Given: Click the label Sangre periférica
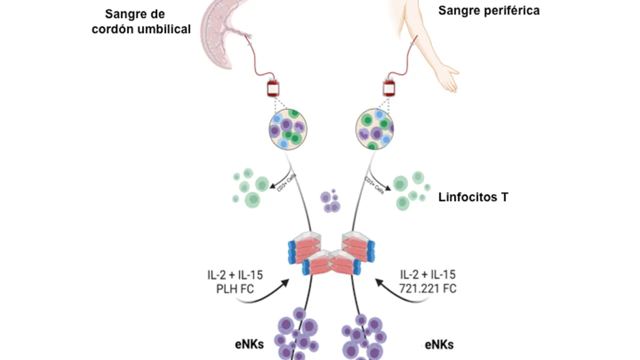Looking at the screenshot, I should [x=488, y=10].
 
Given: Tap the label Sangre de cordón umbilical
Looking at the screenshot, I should [x=141, y=22].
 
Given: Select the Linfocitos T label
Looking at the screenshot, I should [x=473, y=197].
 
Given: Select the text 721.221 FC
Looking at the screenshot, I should [x=428, y=288].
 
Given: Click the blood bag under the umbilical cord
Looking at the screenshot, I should [x=272, y=88].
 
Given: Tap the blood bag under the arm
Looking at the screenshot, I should [x=389, y=87].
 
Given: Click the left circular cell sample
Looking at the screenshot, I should [x=287, y=129].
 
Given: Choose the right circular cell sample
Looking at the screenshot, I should [x=374, y=129].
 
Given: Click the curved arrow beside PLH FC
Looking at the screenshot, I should [x=265, y=295].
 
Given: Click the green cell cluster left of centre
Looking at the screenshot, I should [x=250, y=187].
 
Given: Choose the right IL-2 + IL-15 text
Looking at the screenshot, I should [x=428, y=274].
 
